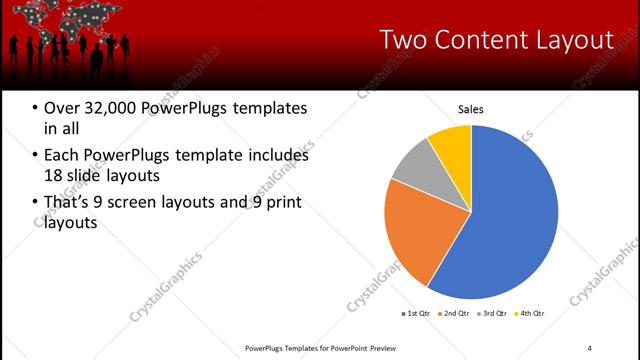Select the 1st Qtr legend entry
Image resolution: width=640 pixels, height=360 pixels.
(x=415, y=313)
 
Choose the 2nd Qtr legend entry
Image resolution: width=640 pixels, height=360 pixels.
(x=455, y=313)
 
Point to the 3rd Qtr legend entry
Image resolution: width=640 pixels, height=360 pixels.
(x=493, y=313)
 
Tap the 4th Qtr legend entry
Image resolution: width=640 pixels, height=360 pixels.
(x=530, y=313)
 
